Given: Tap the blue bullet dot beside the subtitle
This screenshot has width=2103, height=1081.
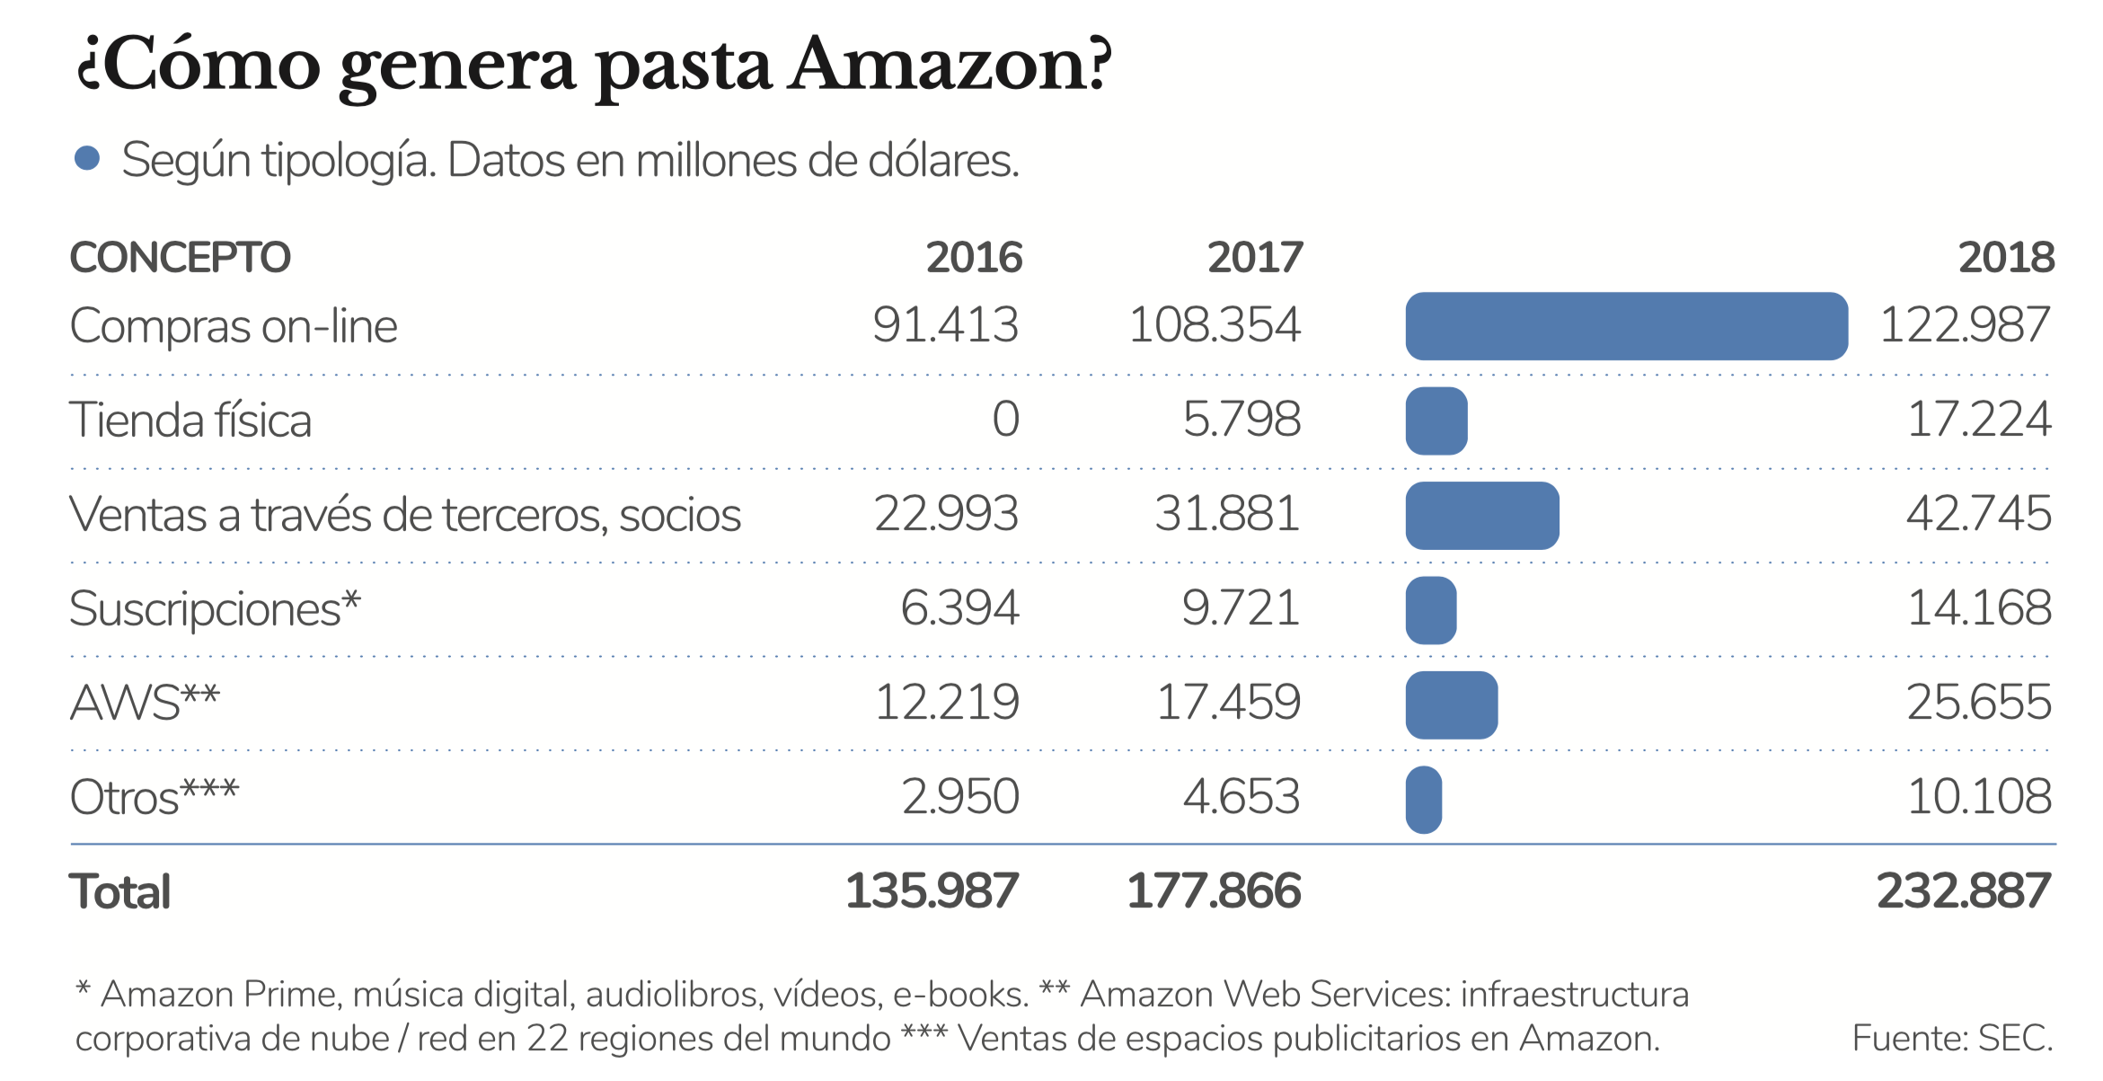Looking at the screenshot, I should (87, 159).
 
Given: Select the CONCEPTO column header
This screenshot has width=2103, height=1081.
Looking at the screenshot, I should (180, 258).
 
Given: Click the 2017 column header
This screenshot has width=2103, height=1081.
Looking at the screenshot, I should (1254, 258).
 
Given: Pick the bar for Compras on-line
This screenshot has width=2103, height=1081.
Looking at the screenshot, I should (1626, 326).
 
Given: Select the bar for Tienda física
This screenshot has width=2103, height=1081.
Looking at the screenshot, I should (1436, 421).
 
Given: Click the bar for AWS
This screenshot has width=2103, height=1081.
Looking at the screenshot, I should (1451, 704).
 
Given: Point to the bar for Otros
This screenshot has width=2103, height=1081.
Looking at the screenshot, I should (1424, 799).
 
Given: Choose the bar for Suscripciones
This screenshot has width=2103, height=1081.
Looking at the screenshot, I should (1430, 610).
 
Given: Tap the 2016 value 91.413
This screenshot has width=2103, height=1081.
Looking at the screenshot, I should (945, 325).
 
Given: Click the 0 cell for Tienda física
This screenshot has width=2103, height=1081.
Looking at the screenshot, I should (1005, 420).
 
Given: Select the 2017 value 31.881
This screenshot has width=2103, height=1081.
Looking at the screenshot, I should (1227, 514).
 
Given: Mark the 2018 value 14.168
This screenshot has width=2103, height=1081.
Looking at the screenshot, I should (1979, 608).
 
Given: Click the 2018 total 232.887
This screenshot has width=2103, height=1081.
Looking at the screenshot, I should (1964, 891).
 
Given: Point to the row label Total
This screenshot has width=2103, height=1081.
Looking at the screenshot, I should (119, 892).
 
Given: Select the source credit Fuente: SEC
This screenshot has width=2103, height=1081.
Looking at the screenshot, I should (1952, 1038).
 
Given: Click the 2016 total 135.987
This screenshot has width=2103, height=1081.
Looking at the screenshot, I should (932, 891).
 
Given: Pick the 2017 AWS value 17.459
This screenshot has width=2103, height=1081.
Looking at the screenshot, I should (1227, 703).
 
